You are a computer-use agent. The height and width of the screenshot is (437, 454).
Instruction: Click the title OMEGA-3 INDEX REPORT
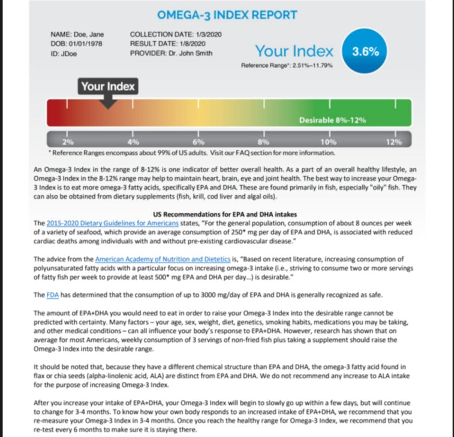point(227,15)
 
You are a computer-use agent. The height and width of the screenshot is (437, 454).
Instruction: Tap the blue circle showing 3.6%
point(365,52)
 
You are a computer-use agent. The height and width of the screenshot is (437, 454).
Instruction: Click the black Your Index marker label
point(108,86)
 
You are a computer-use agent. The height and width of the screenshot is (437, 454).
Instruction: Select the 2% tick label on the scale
point(68,142)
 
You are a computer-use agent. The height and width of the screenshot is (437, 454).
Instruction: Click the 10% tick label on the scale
point(328,142)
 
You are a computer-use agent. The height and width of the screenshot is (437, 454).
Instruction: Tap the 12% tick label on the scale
point(394,142)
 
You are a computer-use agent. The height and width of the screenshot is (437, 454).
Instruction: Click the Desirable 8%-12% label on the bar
point(332,120)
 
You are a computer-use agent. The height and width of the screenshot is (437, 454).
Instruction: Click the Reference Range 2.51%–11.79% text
point(286,65)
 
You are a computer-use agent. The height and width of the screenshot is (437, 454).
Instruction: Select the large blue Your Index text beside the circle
point(294,52)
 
